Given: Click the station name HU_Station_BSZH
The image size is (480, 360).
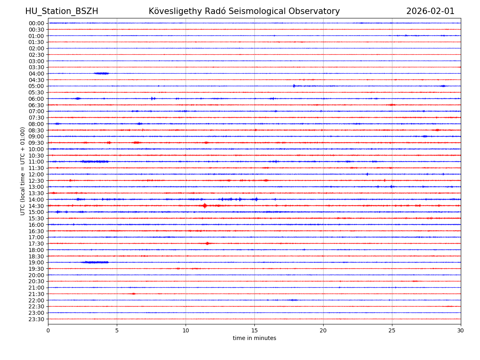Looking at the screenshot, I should (x=62, y=12).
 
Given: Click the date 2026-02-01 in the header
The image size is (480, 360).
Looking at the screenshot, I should (x=430, y=12).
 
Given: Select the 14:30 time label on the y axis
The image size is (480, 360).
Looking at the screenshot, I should (x=36, y=206).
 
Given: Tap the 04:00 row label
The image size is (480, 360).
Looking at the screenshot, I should (x=36, y=74).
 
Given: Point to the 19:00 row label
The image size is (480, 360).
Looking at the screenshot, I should (x=36, y=262).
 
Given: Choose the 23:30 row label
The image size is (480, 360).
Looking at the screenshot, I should (x=36, y=319).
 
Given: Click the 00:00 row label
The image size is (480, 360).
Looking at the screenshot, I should (x=36, y=23).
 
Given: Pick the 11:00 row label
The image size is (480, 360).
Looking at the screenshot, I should (x=36, y=162).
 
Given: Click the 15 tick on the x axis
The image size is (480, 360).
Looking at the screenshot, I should (x=254, y=331).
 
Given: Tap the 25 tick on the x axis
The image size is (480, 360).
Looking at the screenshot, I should (x=392, y=331).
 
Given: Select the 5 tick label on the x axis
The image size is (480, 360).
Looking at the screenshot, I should (x=117, y=331).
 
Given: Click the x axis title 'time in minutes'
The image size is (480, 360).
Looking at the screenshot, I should (x=254, y=338).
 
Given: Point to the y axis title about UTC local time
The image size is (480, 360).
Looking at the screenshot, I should (x=23, y=171).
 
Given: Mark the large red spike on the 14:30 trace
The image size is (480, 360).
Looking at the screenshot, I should (x=205, y=206).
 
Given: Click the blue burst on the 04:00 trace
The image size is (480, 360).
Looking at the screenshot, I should (x=102, y=73).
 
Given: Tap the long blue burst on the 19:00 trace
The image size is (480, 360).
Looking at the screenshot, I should (x=94, y=262).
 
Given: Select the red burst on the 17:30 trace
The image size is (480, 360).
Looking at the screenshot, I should (x=207, y=243).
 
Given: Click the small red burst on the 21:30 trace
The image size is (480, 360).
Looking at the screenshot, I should (x=133, y=294).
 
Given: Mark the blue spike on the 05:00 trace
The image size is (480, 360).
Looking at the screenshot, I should (x=294, y=86).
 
